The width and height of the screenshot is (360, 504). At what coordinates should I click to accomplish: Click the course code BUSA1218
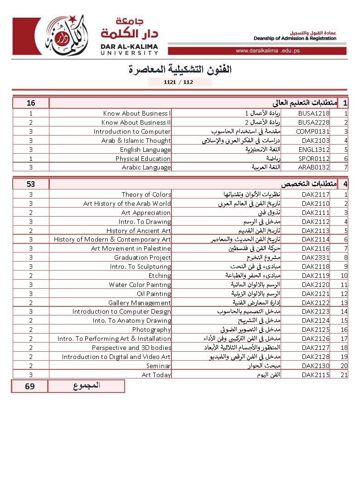click(x=314, y=113)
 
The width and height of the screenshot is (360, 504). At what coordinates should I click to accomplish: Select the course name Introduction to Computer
click(x=132, y=131)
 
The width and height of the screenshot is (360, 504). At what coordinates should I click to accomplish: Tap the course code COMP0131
click(x=313, y=131)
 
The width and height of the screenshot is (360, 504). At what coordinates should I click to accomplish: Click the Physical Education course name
click(x=143, y=159)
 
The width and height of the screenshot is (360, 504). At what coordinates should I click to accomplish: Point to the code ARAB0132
click(x=314, y=167)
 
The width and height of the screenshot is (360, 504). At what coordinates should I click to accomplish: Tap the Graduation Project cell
click(x=142, y=257)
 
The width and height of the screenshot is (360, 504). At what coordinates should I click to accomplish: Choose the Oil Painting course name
click(x=154, y=294)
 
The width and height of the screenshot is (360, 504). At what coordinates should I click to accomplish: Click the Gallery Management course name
click(x=139, y=303)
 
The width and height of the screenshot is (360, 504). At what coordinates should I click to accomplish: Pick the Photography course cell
click(x=151, y=330)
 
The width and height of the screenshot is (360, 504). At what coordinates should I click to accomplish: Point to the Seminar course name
click(x=158, y=365)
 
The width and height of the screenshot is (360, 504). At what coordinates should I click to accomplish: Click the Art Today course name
click(x=156, y=374)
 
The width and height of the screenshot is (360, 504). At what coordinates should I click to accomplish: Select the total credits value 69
click(x=30, y=386)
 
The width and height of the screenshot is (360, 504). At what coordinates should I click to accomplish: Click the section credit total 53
click(x=31, y=184)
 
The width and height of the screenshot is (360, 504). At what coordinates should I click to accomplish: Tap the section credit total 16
click(x=31, y=103)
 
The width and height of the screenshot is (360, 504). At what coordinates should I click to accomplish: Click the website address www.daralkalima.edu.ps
click(x=268, y=51)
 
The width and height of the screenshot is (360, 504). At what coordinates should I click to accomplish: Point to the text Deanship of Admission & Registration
click(x=295, y=39)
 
